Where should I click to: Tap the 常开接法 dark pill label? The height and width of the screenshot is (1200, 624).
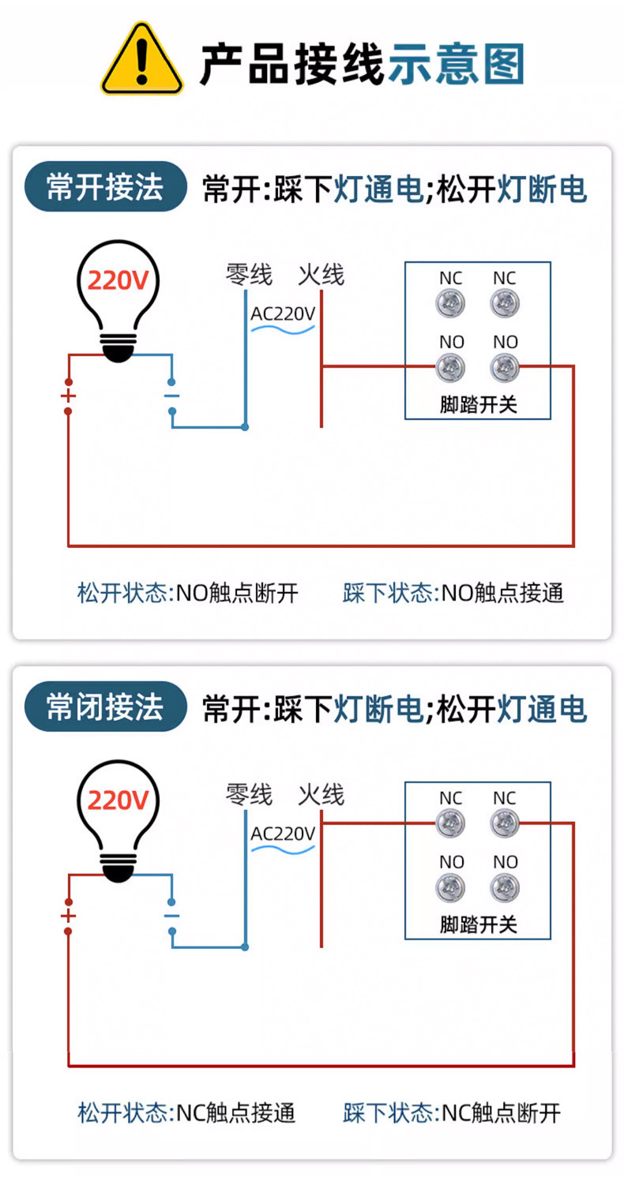[105, 187]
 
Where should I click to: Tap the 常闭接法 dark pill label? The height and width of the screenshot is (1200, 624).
[105, 707]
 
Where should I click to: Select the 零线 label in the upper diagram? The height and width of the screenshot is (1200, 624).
[249, 275]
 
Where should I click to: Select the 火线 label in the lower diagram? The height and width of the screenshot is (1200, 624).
[321, 794]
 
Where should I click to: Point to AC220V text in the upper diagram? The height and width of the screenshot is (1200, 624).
[283, 313]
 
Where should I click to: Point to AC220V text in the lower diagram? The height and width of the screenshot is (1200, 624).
[283, 833]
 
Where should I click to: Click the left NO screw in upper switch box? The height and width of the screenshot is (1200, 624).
[452, 367]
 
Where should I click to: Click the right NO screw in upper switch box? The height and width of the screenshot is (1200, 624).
[505, 367]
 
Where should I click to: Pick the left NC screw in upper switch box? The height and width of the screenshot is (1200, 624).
[452, 303]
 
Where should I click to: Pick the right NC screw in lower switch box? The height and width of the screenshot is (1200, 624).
[505, 823]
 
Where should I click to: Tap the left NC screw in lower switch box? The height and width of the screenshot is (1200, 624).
[451, 823]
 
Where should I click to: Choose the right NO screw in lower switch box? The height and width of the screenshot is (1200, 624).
[505, 887]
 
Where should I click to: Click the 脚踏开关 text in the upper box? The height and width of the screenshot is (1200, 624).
[478, 405]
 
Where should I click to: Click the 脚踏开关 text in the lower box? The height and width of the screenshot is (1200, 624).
[478, 924]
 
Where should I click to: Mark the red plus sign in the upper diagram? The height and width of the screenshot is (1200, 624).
[69, 396]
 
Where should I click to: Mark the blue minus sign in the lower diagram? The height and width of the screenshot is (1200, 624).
[171, 916]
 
